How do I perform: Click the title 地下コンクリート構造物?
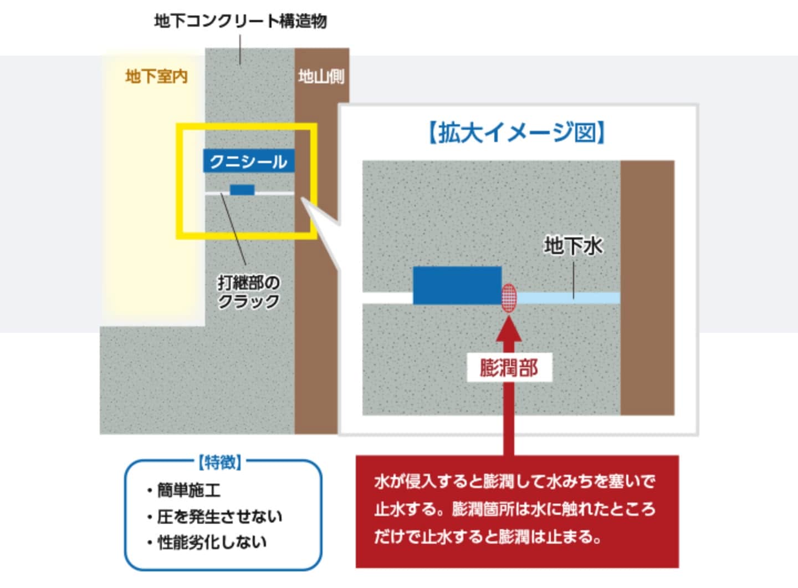[x=241, y=22]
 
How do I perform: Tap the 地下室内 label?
[x=157, y=77]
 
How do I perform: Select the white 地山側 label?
[x=321, y=77]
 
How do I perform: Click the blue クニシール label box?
[x=249, y=161]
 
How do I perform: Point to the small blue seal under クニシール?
[x=242, y=190]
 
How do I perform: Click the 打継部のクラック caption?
[x=249, y=292]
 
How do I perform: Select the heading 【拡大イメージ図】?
[x=517, y=133]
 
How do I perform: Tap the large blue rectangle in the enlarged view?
[x=457, y=285]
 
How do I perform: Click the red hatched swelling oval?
[x=509, y=298]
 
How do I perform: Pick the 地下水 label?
[x=573, y=246]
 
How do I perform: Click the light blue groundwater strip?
[x=568, y=298]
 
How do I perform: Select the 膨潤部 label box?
[x=509, y=367]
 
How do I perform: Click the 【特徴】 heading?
[x=220, y=463]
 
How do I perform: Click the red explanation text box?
[x=517, y=511]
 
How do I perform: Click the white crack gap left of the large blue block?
[x=388, y=298]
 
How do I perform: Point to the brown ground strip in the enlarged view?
[x=648, y=288]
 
